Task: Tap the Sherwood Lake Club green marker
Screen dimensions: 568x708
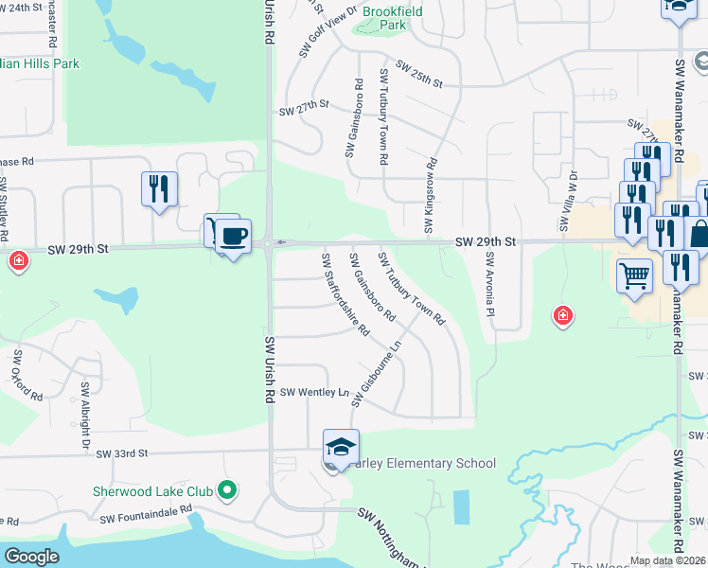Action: pyautogui.click(x=226, y=490)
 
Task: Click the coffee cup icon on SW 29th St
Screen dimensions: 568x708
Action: pyautogui.click(x=232, y=235)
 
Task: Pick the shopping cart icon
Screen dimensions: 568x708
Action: pyautogui.click(x=635, y=276)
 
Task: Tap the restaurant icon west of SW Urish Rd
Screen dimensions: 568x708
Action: pyautogui.click(x=159, y=188)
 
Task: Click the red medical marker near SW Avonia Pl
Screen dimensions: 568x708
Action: pyautogui.click(x=563, y=315)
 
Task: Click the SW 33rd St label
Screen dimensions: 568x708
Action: pyautogui.click(x=123, y=454)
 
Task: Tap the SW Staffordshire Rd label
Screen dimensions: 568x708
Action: pyautogui.click(x=345, y=293)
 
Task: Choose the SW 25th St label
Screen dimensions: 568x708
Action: pyautogui.click(x=420, y=75)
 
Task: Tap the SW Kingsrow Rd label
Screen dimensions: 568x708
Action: pyautogui.click(x=429, y=196)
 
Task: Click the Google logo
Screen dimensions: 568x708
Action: pyautogui.click(x=31, y=557)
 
